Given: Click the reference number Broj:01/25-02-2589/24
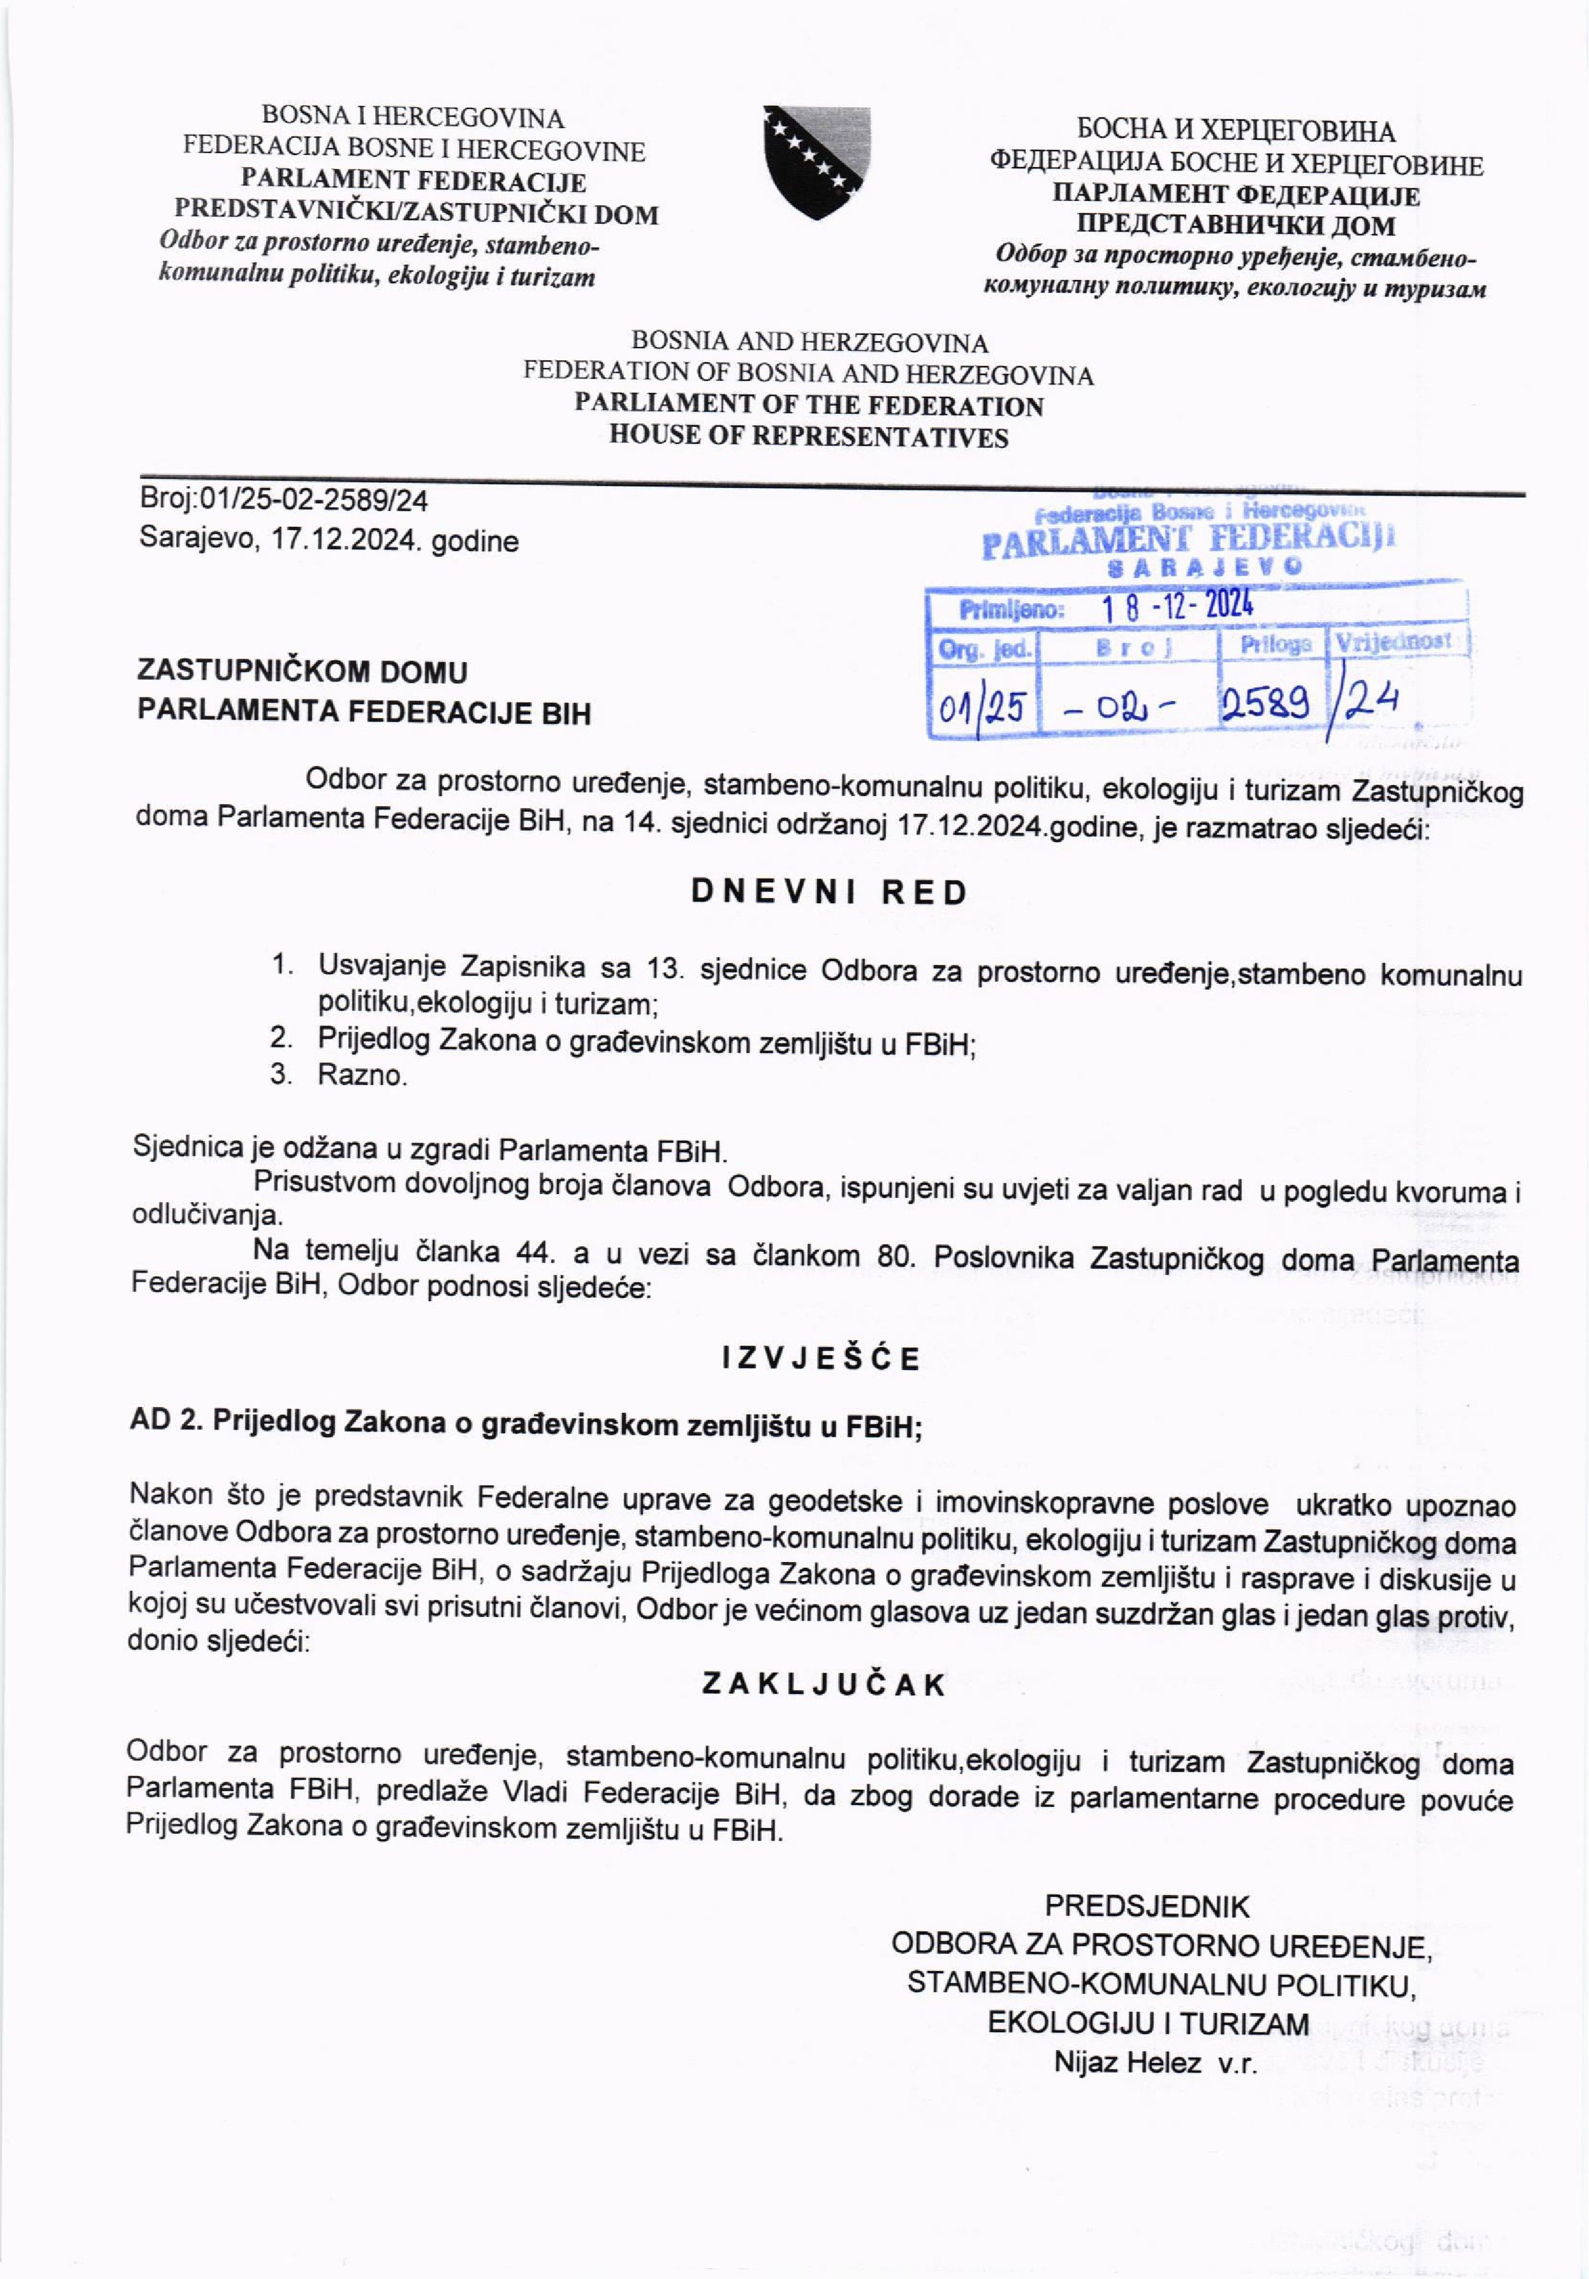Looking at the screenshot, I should [x=284, y=500].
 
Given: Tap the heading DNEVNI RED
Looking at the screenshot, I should [x=829, y=892].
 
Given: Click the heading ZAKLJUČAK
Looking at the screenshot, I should [x=824, y=1685].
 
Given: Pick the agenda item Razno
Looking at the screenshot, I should [x=362, y=1075].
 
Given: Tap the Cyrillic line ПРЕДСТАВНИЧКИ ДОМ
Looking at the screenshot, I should [x=1236, y=225].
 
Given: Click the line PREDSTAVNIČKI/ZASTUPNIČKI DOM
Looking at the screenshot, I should [x=416, y=214].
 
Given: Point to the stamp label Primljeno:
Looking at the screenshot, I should [x=1011, y=609].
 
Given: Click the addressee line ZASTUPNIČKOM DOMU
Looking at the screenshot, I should [x=302, y=672].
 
